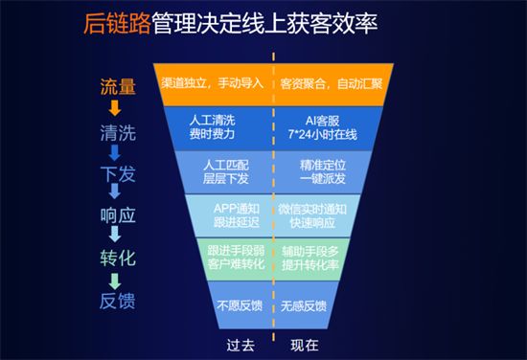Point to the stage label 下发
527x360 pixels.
click(117, 174)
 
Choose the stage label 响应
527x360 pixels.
click(117, 216)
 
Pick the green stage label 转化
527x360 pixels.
click(117, 259)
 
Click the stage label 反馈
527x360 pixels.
click(117, 301)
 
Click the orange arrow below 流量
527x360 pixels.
click(116, 108)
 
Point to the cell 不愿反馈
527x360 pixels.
click(241, 305)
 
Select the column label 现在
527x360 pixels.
click(303, 342)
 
